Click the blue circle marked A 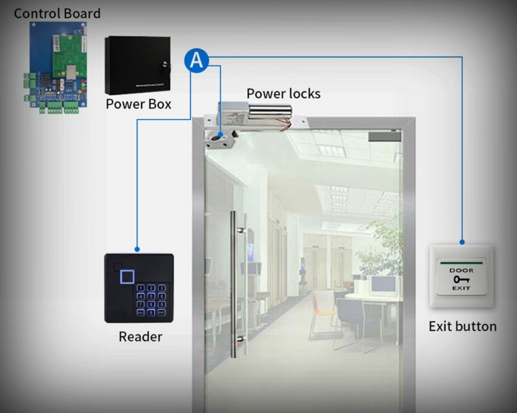click(196, 60)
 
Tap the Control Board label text click(57, 13)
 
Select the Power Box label click(138, 104)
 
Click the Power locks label click(283, 93)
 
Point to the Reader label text click(140, 337)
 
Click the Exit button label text click(462, 326)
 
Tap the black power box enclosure click(137, 65)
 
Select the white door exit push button click(461, 277)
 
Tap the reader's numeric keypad click(151, 299)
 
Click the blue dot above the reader click(137, 248)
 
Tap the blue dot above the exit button click(462, 241)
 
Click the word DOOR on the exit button click(461, 270)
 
